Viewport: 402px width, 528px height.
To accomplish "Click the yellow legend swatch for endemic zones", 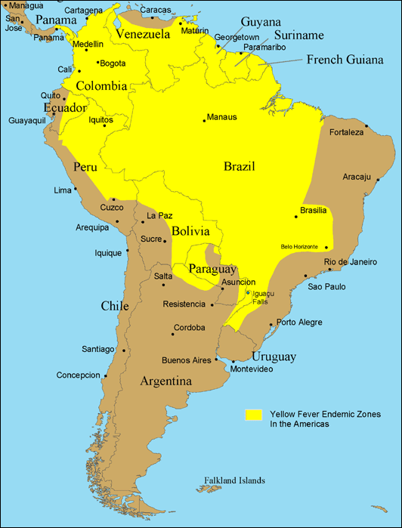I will (x=252, y=414).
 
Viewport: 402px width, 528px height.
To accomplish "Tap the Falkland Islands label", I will (x=234, y=480).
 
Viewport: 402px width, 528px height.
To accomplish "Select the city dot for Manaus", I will (x=204, y=121).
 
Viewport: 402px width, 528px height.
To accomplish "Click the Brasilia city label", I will (x=313, y=209).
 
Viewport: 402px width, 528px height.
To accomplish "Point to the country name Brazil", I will (x=239, y=166).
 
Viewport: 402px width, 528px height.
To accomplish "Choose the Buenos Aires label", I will (x=187, y=360).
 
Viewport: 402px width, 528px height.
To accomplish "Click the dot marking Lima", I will (x=76, y=189).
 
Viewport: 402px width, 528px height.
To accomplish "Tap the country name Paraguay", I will (x=213, y=269).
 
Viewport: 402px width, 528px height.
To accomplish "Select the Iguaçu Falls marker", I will (x=248, y=292).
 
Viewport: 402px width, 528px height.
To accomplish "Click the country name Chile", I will (x=115, y=306).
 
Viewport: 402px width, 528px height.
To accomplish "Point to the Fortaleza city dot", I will (x=366, y=125).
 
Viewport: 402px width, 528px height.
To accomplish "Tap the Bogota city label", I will (x=113, y=63).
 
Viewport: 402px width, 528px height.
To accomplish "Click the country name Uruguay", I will (x=274, y=357).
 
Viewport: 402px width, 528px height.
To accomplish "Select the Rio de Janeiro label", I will (x=350, y=262).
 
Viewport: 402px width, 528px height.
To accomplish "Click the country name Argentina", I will (x=165, y=381).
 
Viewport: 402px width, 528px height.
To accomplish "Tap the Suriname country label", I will (x=299, y=36).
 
